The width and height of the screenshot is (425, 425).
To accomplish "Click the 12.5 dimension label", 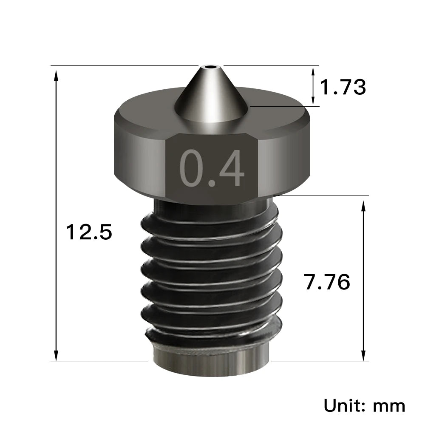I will (89, 232).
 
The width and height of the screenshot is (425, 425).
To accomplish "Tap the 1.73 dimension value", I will (342, 87).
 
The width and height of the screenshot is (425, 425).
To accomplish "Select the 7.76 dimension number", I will (327, 282).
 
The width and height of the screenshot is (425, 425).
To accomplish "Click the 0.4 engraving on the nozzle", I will (212, 168).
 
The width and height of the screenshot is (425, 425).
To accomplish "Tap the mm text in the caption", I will (389, 406).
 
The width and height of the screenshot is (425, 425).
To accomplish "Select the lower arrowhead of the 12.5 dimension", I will (56, 356).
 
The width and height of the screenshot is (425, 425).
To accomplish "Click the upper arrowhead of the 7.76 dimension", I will (363, 205).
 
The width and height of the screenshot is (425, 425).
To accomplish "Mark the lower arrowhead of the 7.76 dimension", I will (363, 356).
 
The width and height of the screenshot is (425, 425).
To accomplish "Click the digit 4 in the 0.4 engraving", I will (231, 168).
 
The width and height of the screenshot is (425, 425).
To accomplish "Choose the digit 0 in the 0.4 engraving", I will (192, 168).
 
